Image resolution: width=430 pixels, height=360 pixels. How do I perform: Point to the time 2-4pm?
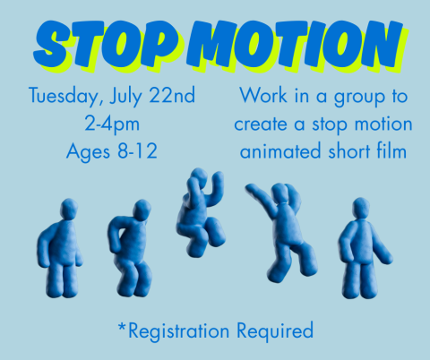(112, 123)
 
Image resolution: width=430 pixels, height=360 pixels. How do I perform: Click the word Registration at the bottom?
(180, 331)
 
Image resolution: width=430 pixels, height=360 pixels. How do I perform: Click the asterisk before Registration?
(122, 326)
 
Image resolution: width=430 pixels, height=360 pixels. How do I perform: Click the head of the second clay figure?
(141, 210)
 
